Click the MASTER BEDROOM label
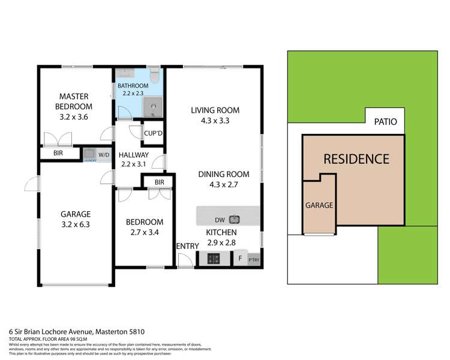[x=74, y=101]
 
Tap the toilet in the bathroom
[x=154, y=76]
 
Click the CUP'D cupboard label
[x=150, y=134]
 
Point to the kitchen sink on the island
[x=233, y=219]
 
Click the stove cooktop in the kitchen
[x=214, y=259]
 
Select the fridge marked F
[x=239, y=259]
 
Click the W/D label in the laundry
[x=104, y=155]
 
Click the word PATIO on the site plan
[x=385, y=122]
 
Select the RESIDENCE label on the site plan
[x=356, y=159]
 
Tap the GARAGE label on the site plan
[x=319, y=205]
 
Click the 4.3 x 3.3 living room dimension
[x=215, y=120]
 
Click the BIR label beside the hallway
[x=159, y=182]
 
